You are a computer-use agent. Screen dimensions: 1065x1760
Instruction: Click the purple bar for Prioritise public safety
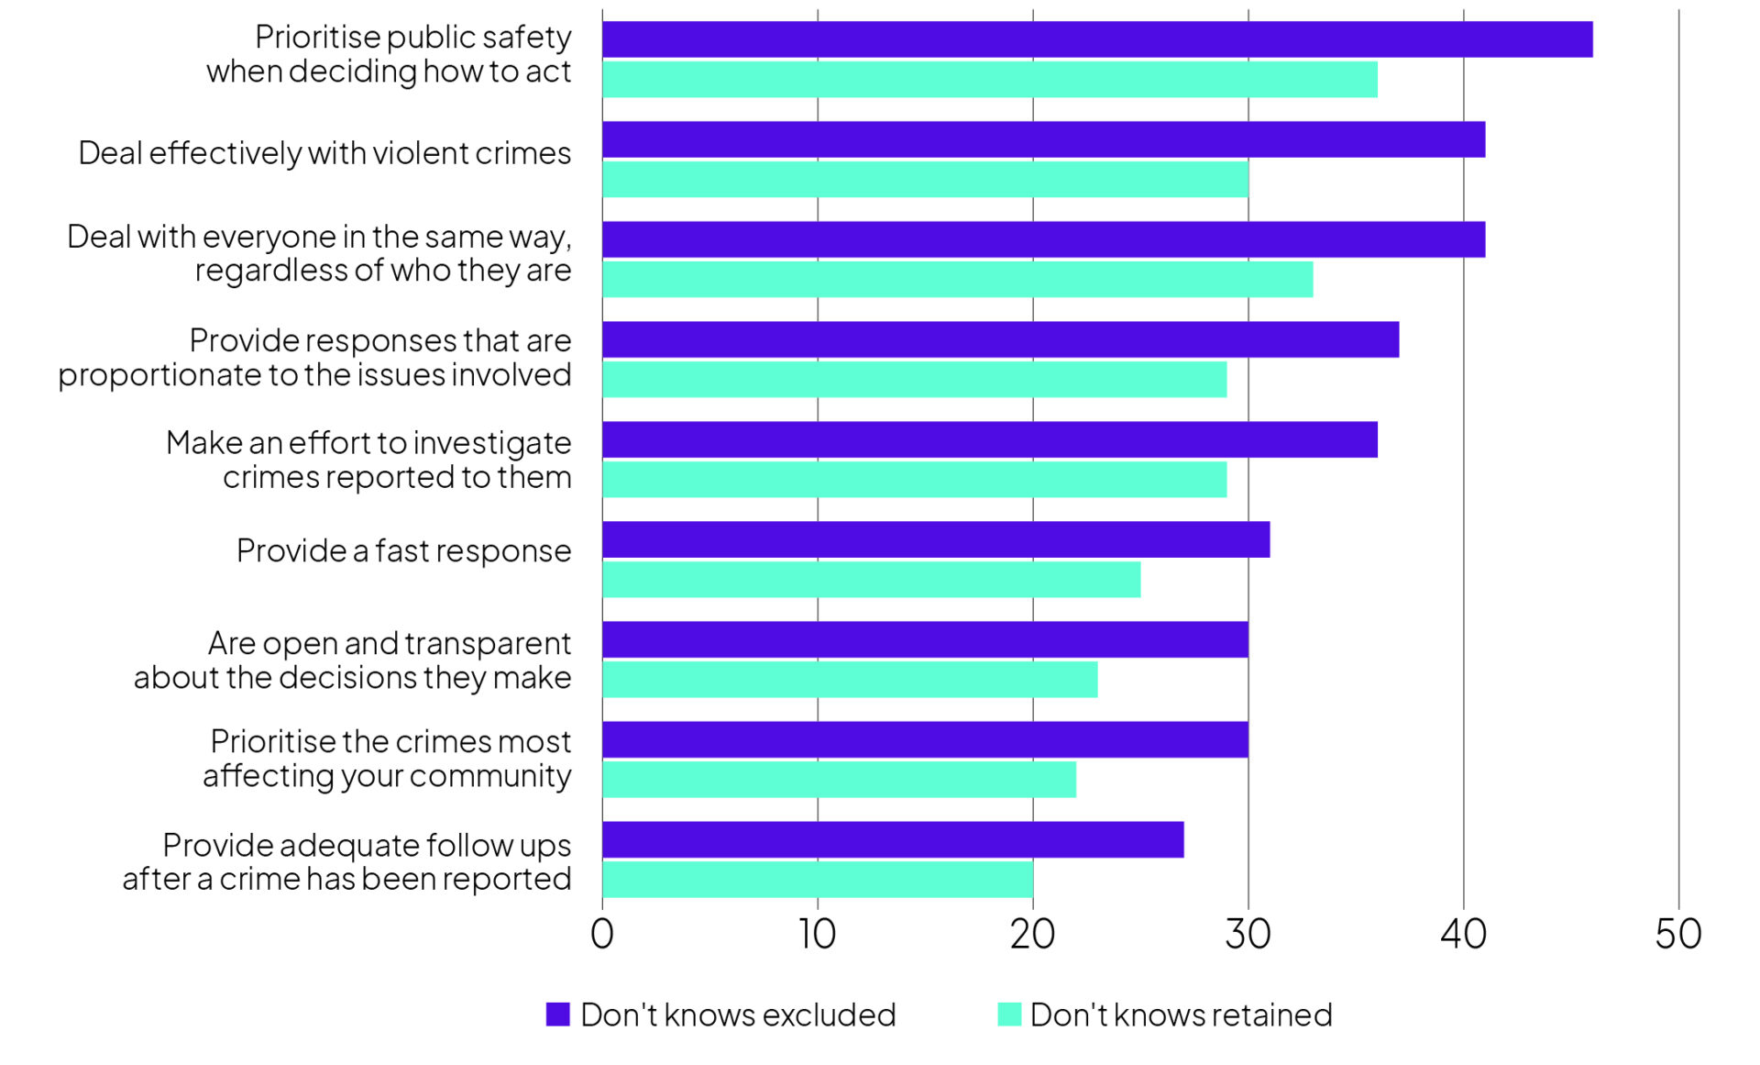pyautogui.click(x=1096, y=39)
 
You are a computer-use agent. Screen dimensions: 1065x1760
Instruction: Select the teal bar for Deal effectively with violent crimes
pyautogui.click(x=925, y=179)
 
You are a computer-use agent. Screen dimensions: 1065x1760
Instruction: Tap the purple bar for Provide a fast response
pyautogui.click(x=935, y=539)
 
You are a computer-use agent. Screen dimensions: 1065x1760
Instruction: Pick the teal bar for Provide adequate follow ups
pyautogui.click(x=817, y=879)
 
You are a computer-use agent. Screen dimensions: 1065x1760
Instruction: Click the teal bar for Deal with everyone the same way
pyautogui.click(x=957, y=279)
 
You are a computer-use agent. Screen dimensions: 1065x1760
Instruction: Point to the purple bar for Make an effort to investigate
pyautogui.click(x=989, y=439)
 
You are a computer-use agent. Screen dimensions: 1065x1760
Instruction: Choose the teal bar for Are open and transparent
pyautogui.click(x=849, y=679)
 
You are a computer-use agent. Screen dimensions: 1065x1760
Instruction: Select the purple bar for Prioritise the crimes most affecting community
pyautogui.click(x=925, y=739)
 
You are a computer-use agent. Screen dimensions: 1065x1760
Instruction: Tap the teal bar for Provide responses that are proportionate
pyautogui.click(x=914, y=379)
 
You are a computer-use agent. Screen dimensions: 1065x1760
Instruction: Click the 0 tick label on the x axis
pyautogui.click(x=601, y=934)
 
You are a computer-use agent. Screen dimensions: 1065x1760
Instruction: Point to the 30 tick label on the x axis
pyautogui.click(x=1248, y=934)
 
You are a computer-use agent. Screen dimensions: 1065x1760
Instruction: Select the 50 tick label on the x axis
pyautogui.click(x=1677, y=934)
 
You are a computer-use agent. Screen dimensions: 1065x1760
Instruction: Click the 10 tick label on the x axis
pyautogui.click(x=817, y=934)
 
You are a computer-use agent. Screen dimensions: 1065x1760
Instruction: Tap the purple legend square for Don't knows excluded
pyautogui.click(x=557, y=1014)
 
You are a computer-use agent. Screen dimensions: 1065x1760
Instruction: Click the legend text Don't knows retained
pyautogui.click(x=1181, y=1015)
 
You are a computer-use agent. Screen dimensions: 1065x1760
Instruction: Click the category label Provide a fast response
pyautogui.click(x=403, y=550)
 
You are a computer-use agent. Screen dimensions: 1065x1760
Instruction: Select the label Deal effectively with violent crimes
pyautogui.click(x=324, y=153)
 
